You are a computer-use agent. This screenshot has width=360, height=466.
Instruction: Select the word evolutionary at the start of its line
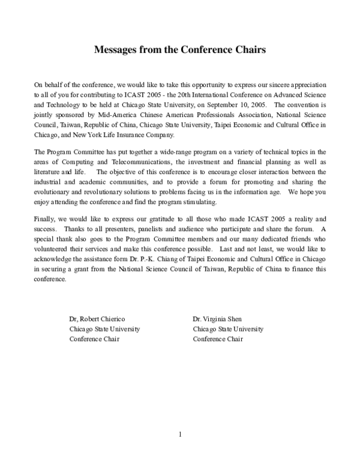point(55,191)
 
